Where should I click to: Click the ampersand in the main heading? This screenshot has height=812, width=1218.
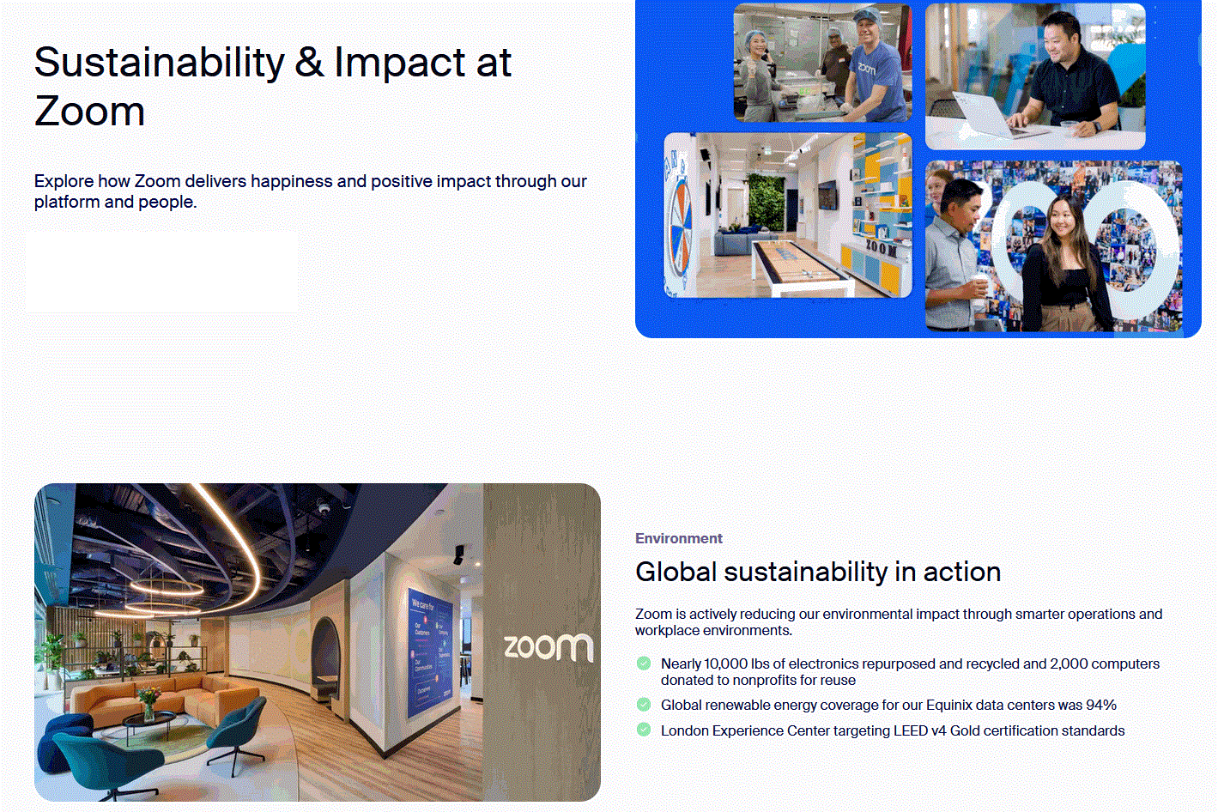pos(309,62)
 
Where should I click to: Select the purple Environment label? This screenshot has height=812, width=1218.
pos(679,538)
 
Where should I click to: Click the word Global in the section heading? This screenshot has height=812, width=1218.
pos(676,573)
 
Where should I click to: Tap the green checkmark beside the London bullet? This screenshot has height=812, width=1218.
pos(643,730)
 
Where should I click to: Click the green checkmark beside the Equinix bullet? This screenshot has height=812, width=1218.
pos(643,705)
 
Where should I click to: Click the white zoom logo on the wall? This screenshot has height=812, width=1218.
pos(548,646)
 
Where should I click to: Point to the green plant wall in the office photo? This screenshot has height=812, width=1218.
pos(767,202)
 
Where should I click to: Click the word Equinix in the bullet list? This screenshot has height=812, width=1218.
pos(948,706)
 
